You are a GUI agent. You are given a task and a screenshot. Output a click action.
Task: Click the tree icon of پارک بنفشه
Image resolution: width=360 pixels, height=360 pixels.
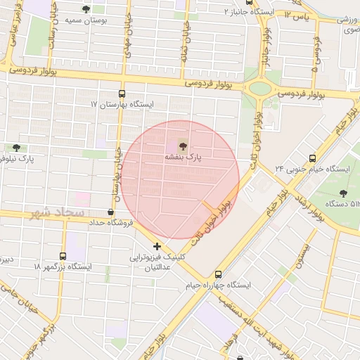click(183, 146)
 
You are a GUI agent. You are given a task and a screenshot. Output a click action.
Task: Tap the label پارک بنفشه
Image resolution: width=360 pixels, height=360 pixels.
click(183, 159)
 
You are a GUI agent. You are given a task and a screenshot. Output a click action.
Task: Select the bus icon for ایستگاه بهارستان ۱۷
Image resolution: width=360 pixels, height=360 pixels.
click(122, 93)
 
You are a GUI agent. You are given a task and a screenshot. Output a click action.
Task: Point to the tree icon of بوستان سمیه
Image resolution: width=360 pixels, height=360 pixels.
click(86, 10)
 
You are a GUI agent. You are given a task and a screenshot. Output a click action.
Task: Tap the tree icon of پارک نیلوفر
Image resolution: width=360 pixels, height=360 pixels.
click(16, 148)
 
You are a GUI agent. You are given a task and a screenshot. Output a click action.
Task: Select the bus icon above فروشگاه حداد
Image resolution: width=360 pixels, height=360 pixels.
click(110, 212)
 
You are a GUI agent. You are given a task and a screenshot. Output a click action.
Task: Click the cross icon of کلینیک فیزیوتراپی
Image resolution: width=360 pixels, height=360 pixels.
click(156, 247)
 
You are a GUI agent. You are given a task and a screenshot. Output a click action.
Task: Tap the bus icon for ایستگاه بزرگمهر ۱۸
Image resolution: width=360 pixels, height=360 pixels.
click(63, 256)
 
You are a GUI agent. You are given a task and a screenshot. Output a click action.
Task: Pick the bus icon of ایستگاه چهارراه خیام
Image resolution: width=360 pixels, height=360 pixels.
click(218, 274)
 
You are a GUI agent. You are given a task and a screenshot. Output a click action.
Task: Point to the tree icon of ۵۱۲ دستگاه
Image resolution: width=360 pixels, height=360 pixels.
click(343, 193)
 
